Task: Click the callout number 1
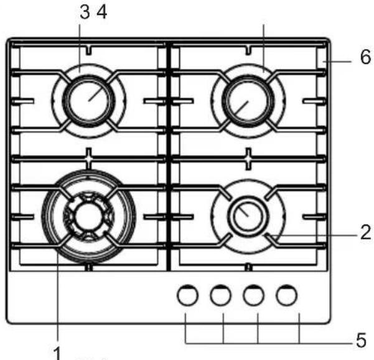[x=57, y=353]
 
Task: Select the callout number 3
[x=85, y=12]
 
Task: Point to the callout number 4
[x=102, y=12]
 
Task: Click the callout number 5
[x=362, y=340]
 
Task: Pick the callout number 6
[x=366, y=57]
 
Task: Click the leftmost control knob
[x=188, y=295]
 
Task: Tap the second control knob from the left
[x=221, y=295]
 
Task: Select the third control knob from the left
[x=253, y=295]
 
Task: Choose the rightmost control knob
[x=286, y=295]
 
